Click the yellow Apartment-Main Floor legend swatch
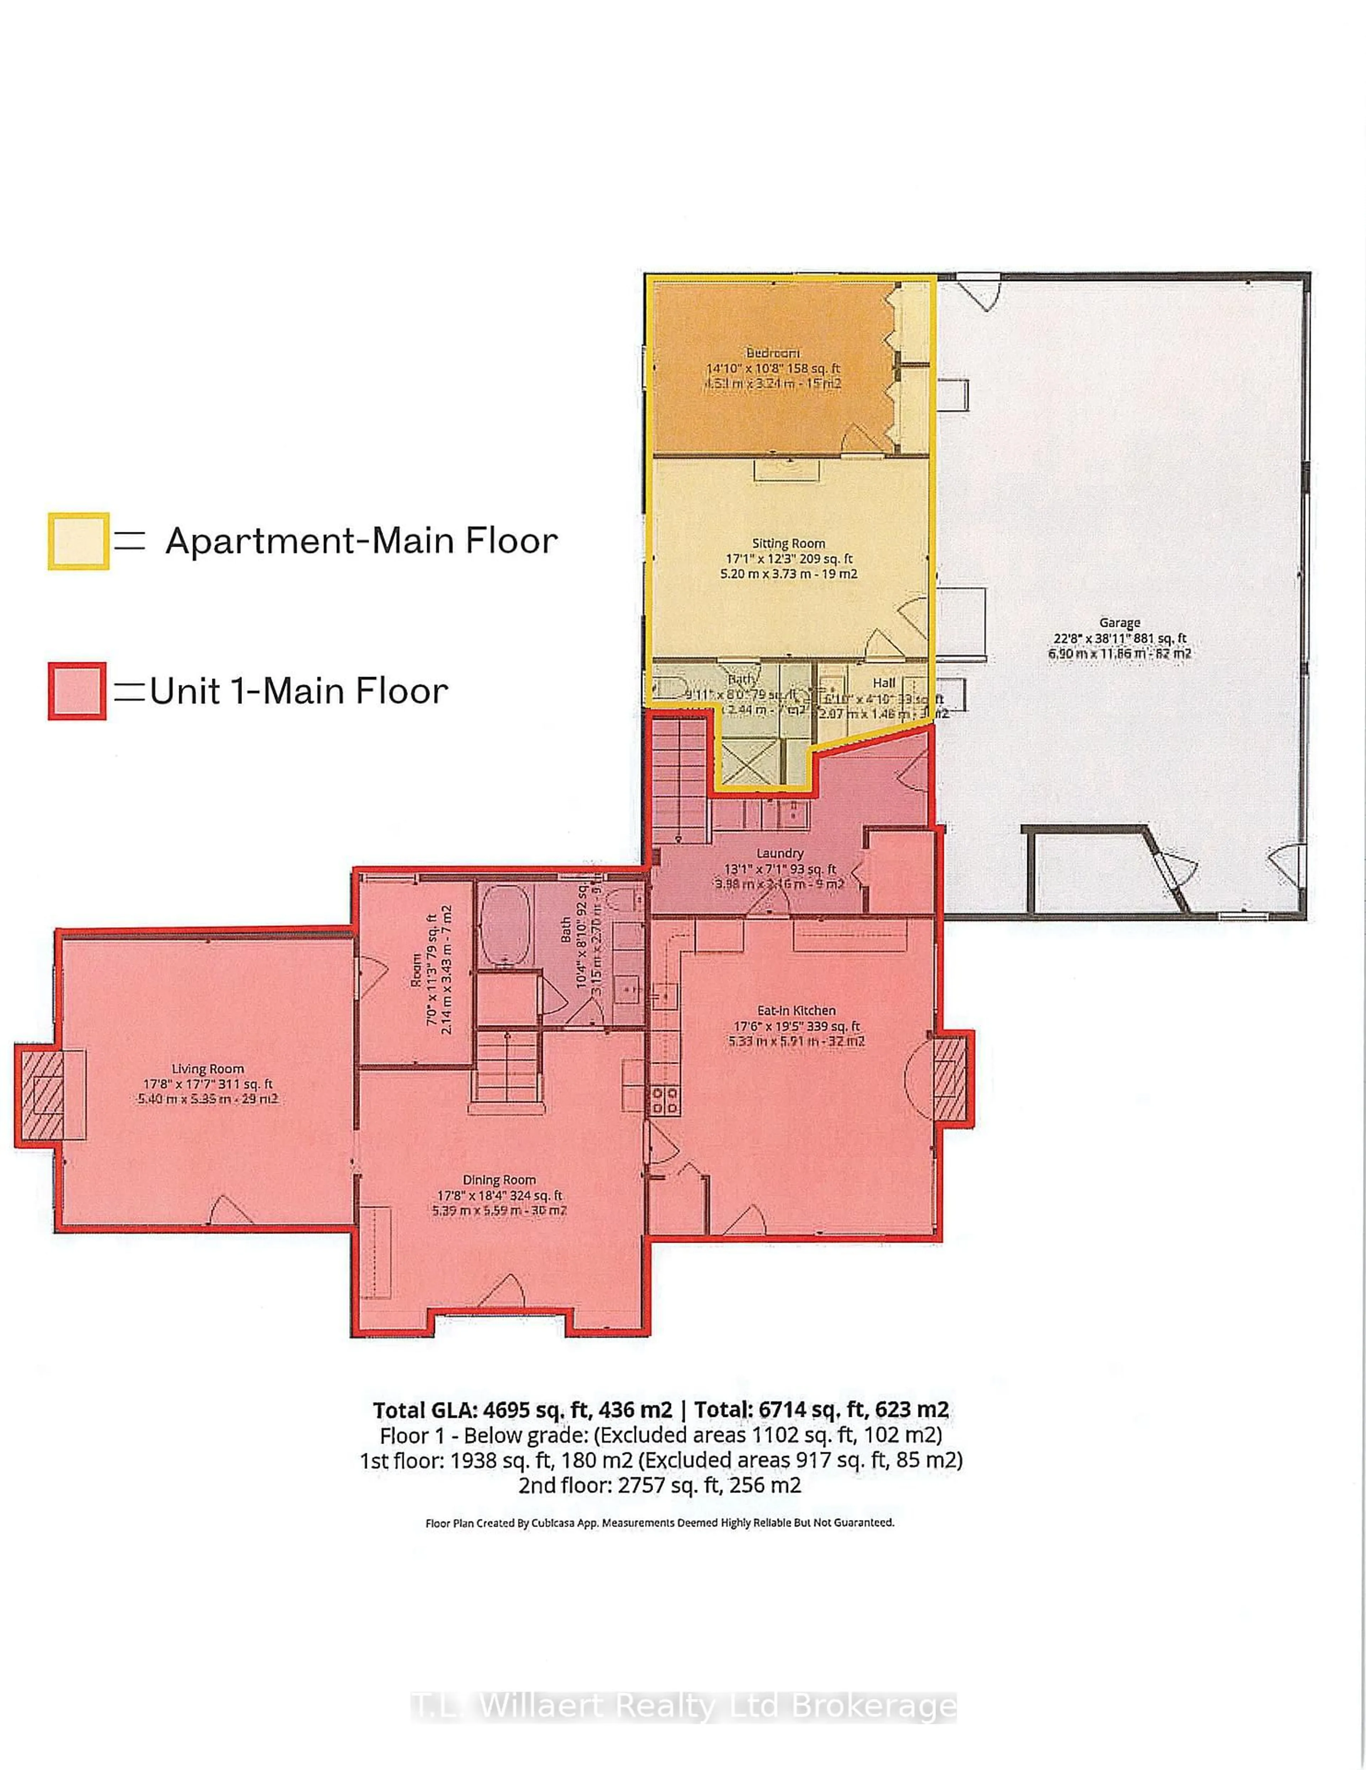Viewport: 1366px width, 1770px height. (78, 540)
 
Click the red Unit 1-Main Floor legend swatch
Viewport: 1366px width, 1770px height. (77, 691)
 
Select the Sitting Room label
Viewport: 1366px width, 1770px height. (788, 543)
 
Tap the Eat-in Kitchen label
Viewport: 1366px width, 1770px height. (796, 1010)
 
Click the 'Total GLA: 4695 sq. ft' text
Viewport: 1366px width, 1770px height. (523, 1409)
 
